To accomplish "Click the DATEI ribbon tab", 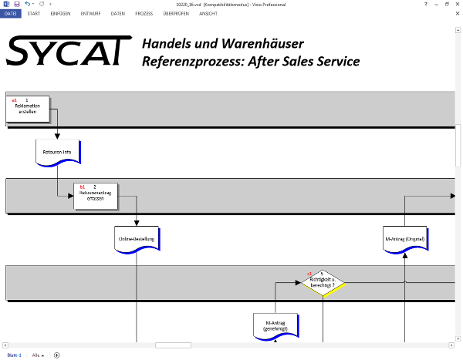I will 11,14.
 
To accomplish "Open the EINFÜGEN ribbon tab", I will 61,14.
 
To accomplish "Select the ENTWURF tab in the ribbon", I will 90,14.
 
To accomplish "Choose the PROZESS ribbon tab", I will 144,14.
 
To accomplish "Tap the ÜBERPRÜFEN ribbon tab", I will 176,14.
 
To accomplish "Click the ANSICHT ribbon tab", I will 208,14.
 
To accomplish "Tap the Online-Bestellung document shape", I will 137,239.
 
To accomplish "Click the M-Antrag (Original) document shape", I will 404,239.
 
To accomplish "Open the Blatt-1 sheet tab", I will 14,355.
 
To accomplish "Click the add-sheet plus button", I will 56,355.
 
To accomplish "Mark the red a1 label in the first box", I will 14,100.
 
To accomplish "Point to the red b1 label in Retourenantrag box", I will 83,187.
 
